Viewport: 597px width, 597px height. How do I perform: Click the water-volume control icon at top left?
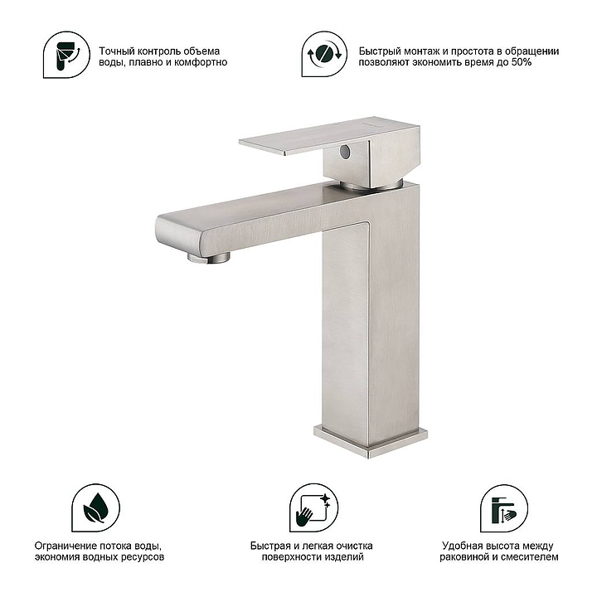click(x=66, y=55)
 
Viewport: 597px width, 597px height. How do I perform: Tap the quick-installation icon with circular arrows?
click(x=324, y=54)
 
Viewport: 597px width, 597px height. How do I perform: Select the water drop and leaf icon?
click(x=96, y=508)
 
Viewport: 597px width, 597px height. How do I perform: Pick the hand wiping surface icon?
click(x=313, y=508)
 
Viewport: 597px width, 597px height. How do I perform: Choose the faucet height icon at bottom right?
click(x=504, y=508)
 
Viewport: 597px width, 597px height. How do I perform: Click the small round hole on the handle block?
click(x=345, y=152)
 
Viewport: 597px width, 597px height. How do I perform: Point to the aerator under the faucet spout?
click(x=209, y=257)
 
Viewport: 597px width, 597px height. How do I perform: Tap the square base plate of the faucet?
click(x=371, y=442)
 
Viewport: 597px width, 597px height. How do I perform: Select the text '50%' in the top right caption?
click(x=522, y=62)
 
